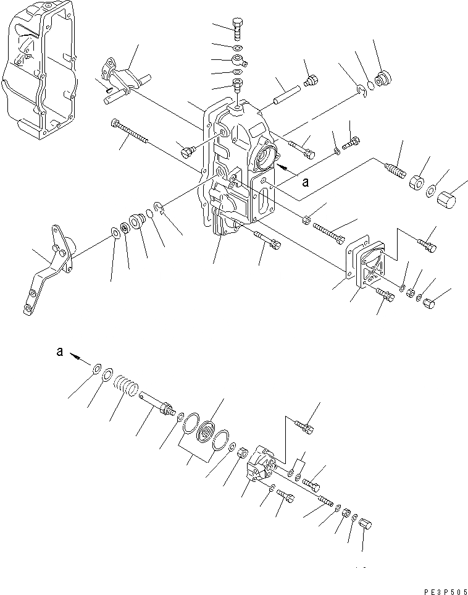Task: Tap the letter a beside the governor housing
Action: pos(305,182)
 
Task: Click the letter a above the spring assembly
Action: pos(59,352)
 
